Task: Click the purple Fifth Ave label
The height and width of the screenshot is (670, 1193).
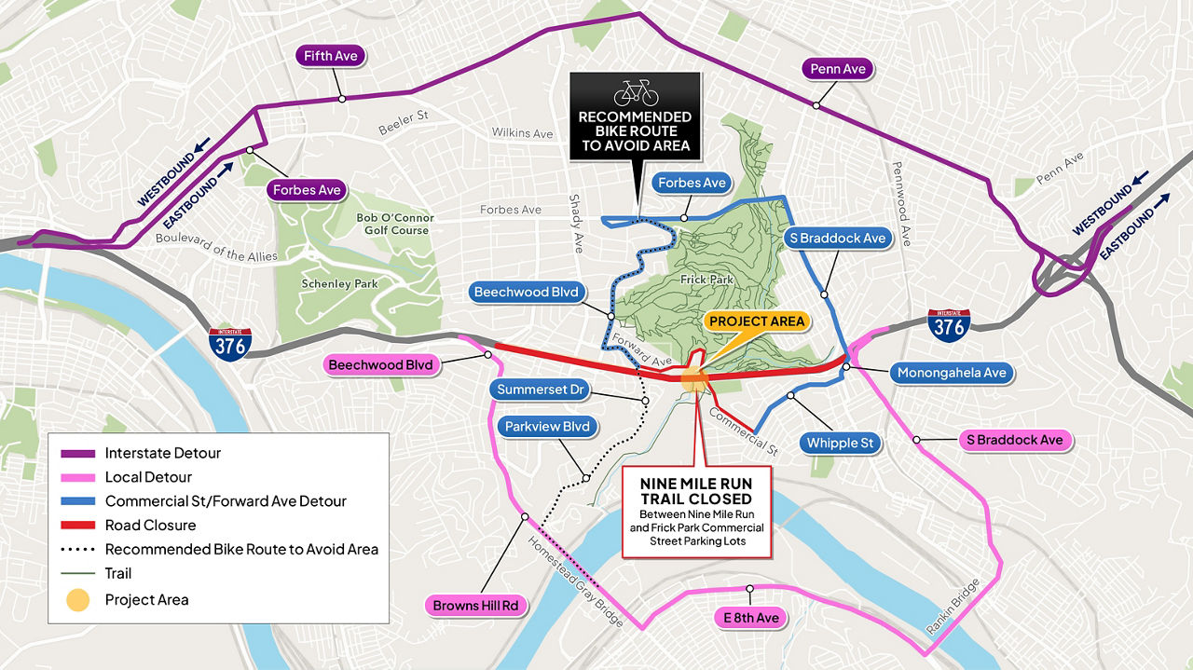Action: [x=331, y=57]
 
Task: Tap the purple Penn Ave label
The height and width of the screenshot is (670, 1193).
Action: [x=838, y=69]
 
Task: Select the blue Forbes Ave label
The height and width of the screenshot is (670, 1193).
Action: [x=692, y=183]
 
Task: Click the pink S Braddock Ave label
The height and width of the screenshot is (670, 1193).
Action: [x=1014, y=440]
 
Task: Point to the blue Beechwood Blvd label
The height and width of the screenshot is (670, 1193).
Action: [x=527, y=293]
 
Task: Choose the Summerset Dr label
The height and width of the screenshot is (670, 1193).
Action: [x=540, y=390]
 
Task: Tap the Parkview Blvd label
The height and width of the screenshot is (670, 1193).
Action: [x=547, y=427]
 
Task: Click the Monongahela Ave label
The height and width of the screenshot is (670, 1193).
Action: [x=951, y=373]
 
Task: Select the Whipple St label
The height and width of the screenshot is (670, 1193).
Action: [x=840, y=443]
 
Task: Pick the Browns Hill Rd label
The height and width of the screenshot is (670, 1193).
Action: [x=474, y=606]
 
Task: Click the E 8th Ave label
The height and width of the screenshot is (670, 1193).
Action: [x=750, y=618]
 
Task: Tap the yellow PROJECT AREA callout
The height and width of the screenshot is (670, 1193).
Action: [x=756, y=321]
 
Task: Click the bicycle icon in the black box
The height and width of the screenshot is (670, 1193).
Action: [x=636, y=92]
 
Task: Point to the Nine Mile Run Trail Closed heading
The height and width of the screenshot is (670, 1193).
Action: [x=695, y=492]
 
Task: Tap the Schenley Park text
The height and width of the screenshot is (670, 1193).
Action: [x=339, y=284]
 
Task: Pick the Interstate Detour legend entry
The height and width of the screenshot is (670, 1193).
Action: [x=162, y=453]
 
